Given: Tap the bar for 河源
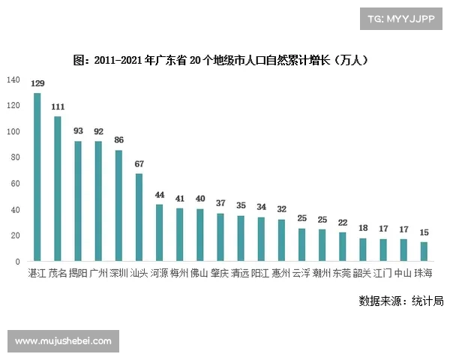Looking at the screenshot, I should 159,233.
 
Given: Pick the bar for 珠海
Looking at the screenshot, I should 424,252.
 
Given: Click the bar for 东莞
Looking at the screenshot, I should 343,247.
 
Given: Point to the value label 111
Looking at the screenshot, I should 58,107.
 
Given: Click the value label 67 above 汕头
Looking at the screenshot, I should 139,164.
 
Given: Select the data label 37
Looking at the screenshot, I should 220,203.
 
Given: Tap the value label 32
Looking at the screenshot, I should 281,210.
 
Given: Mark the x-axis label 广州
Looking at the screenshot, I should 98,272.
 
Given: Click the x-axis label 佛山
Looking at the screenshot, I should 199,272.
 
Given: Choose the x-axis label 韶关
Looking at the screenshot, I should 362,272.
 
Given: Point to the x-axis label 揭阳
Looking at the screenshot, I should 78,272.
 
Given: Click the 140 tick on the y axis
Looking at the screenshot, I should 13,79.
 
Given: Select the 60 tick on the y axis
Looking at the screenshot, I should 16,184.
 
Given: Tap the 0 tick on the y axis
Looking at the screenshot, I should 18,262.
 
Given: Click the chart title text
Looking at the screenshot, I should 224,58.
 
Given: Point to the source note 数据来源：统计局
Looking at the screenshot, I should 401,301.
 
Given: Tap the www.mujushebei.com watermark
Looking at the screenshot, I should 63,341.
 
